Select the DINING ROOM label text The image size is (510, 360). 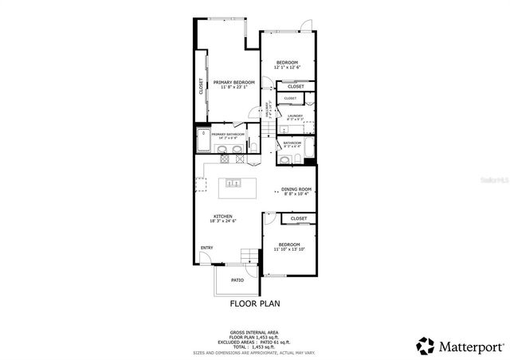296,189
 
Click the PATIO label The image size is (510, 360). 237,280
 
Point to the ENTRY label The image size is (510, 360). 206,248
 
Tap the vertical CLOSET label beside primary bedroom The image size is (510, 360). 202,85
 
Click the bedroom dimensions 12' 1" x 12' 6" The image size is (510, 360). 287,68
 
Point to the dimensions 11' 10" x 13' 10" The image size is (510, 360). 289,249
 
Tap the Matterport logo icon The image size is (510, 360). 426,346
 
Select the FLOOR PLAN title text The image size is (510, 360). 254,303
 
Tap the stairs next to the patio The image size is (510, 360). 251,256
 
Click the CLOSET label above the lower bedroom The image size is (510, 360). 299,218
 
